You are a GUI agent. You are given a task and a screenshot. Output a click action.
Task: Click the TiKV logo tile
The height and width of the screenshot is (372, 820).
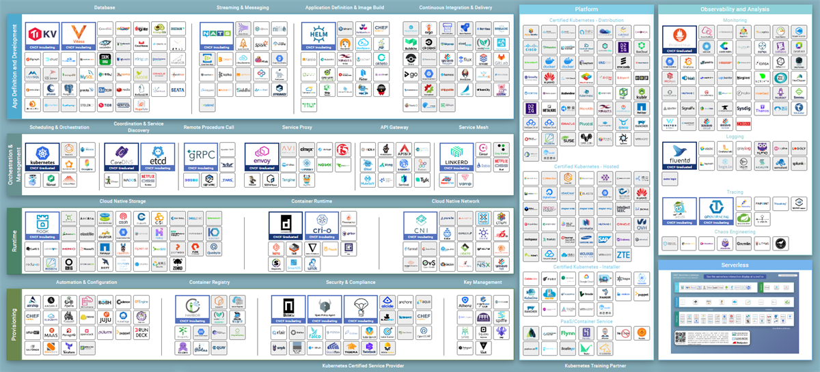42,35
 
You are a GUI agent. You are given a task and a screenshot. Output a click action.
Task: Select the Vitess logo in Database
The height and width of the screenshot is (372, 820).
78,35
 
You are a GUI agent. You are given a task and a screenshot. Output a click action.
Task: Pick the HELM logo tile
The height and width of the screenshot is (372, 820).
318,35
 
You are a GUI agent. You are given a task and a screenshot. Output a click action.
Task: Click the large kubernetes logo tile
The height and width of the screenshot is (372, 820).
42,156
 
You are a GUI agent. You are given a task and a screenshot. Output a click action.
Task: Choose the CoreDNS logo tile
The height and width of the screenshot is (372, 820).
121,156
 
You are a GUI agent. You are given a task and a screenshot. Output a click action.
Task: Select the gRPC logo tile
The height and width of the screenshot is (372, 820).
201,156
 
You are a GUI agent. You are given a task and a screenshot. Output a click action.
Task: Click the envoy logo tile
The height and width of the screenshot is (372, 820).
262,156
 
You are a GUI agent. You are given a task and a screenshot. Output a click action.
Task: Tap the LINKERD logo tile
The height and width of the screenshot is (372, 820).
456,156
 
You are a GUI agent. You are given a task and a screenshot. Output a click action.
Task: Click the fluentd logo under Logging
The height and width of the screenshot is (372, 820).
679,156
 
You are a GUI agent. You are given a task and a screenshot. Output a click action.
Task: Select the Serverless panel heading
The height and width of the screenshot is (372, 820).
734,265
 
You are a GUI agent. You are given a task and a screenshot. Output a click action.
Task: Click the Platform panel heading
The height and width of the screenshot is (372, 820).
586,10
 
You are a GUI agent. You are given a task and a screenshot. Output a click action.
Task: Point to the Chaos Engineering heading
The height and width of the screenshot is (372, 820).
734,232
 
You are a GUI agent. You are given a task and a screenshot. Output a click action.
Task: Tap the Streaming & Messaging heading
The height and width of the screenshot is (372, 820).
243,8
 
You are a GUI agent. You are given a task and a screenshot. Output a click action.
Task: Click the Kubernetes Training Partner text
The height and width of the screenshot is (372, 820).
586,367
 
